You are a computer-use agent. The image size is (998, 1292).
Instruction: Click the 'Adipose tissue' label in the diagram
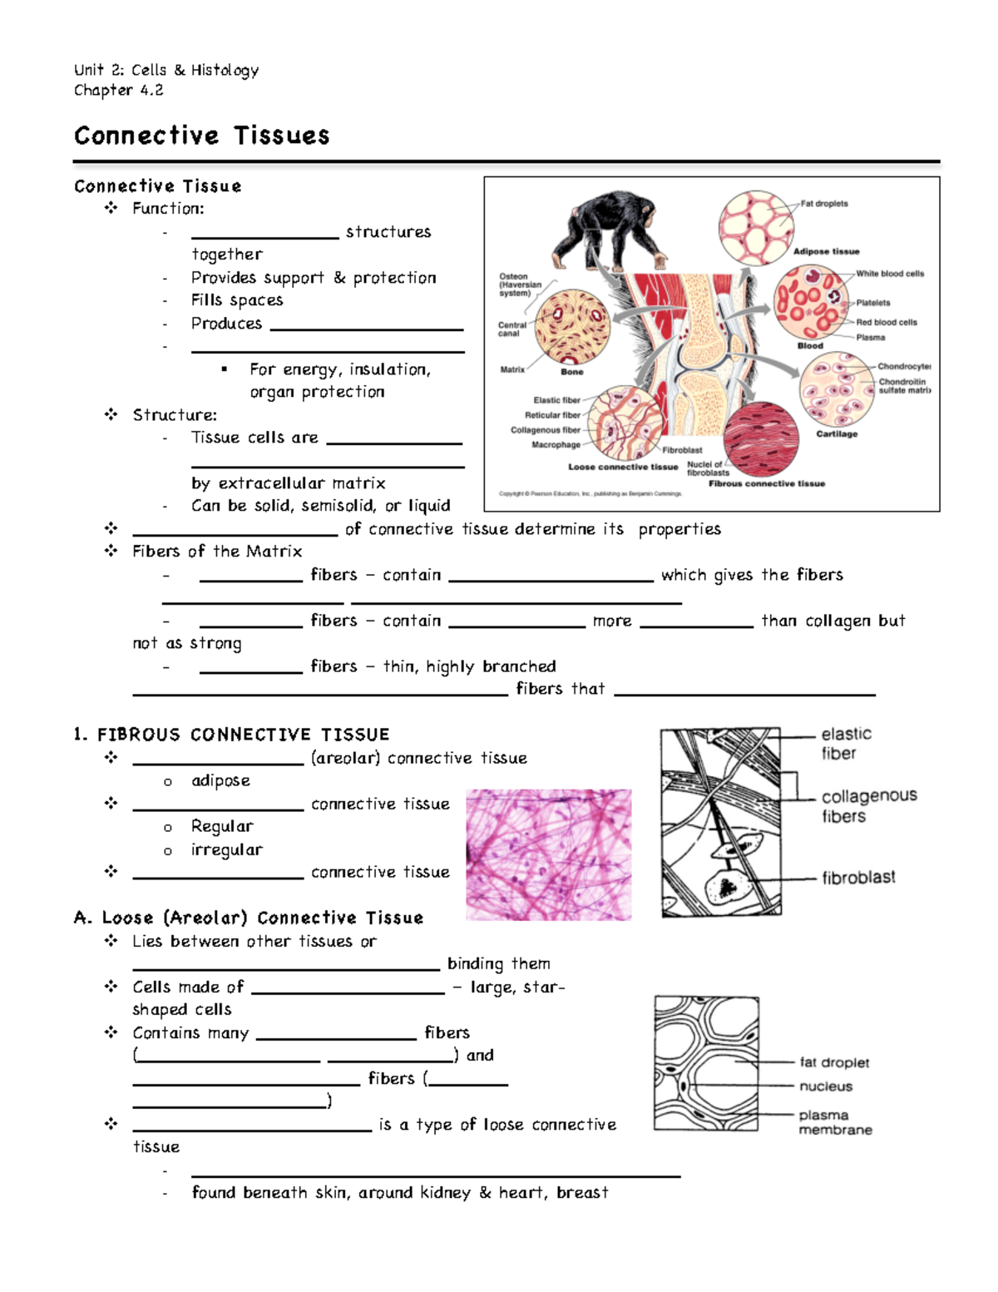[x=826, y=251]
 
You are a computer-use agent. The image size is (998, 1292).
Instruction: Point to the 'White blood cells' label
[x=890, y=274]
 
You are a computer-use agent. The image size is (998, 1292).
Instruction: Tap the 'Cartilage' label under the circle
[x=837, y=434]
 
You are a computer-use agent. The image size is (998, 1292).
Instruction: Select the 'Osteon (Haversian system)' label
[x=520, y=285]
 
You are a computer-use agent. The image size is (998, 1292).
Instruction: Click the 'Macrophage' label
[x=556, y=445]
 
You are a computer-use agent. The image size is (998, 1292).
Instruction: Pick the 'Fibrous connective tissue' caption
[x=767, y=483]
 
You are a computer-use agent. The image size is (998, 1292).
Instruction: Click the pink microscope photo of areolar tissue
[x=548, y=854]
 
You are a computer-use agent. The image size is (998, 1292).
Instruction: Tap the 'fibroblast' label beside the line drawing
[x=858, y=878]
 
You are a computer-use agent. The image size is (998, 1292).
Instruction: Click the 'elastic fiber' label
[x=846, y=743]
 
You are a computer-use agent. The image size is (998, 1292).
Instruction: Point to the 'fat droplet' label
[x=834, y=1062]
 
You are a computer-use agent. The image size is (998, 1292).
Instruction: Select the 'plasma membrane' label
[x=835, y=1122]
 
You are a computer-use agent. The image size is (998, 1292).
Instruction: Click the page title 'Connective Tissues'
[x=201, y=136]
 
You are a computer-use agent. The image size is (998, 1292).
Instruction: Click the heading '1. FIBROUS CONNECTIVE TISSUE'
[x=231, y=735]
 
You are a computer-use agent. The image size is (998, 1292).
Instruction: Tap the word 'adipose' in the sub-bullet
[x=220, y=780]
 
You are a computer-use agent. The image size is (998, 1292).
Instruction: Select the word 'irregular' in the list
[x=226, y=849]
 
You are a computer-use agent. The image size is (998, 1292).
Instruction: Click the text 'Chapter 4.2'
[x=118, y=90]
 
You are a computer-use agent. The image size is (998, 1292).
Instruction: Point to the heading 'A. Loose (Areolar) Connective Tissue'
[x=249, y=918]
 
